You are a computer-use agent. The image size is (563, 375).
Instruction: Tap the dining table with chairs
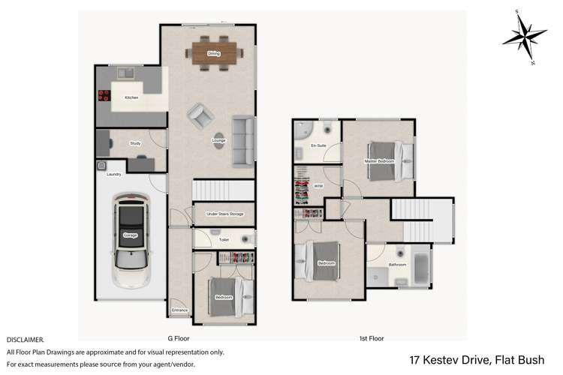213,52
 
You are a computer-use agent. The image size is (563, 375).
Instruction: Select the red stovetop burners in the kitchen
102,95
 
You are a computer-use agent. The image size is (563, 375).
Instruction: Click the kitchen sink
125,73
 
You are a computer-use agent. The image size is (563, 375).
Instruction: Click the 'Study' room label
135,143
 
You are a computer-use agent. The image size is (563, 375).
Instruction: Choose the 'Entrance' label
179,310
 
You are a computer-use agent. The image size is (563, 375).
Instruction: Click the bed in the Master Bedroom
389,160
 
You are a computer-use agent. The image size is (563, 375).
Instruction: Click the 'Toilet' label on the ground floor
224,240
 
